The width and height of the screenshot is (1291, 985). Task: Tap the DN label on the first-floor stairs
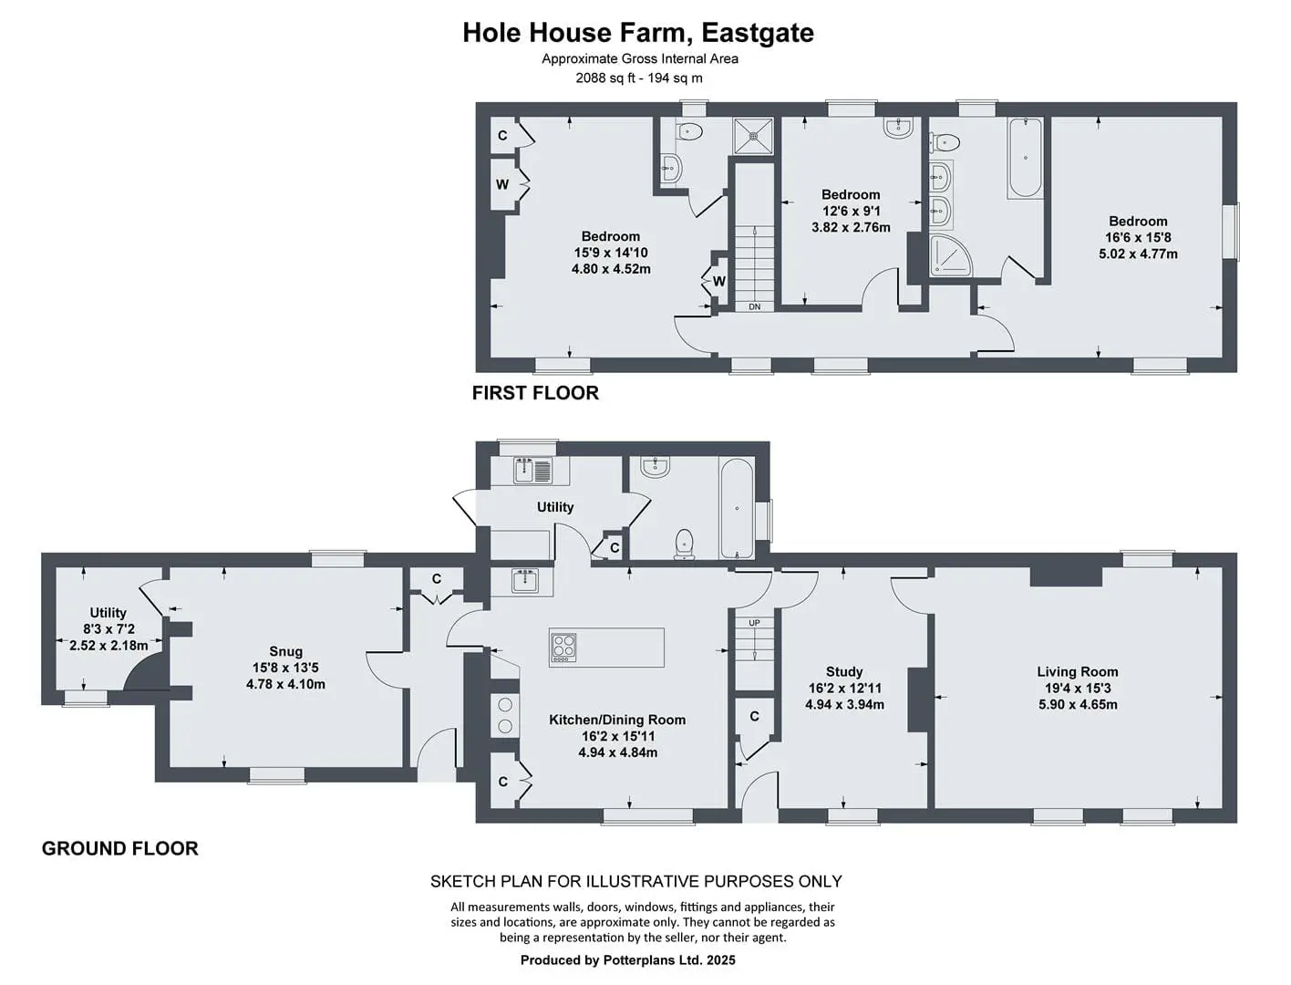(755, 306)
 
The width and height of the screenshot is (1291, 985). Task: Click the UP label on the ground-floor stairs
(755, 623)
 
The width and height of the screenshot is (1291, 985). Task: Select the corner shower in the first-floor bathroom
(950, 255)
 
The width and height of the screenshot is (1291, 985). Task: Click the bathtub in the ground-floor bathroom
(737, 508)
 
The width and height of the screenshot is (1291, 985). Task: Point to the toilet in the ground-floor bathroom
(684, 544)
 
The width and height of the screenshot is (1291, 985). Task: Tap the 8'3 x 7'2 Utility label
(108, 629)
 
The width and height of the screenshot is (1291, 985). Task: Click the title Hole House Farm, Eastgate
(638, 32)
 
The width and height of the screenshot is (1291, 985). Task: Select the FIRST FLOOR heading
(535, 392)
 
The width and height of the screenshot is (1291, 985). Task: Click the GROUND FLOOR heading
(120, 848)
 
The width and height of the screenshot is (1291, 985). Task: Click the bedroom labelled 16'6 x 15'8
(1138, 238)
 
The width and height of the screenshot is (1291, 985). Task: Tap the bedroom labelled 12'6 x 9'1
(851, 211)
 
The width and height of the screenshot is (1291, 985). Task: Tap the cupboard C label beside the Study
(755, 716)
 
